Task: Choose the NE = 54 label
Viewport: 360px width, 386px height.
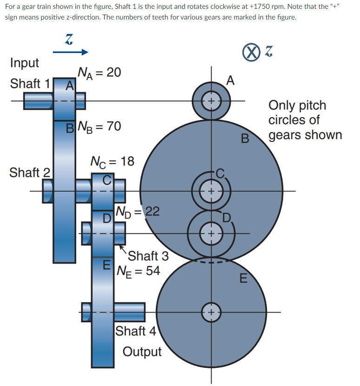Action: pos(138,270)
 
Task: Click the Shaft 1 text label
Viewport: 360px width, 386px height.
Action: pos(30,84)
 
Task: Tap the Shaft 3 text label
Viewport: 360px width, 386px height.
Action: pos(148,256)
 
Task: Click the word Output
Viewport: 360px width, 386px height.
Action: pos(142,352)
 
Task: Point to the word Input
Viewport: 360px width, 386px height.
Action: pos(25,63)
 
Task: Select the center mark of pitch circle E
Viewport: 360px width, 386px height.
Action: pos(211,312)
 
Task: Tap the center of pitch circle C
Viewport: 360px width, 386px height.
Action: pos(211,191)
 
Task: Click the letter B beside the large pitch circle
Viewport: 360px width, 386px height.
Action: pos(245,138)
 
